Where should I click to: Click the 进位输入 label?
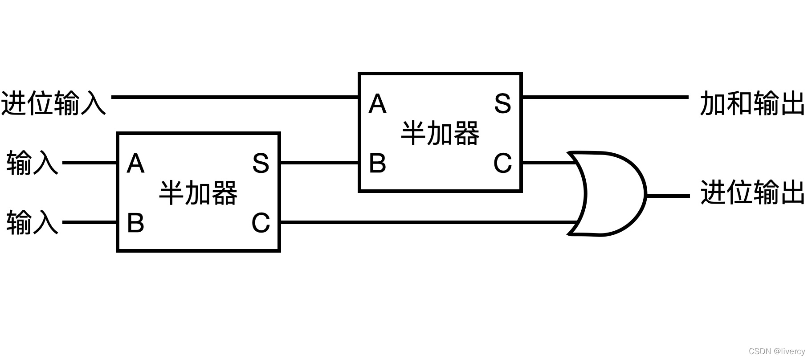[x=53, y=103]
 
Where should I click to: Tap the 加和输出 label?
[x=752, y=103]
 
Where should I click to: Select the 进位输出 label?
[x=752, y=192]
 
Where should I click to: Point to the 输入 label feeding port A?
[x=32, y=163]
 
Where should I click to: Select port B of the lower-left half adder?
[x=135, y=222]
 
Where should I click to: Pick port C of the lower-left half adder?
[x=261, y=222]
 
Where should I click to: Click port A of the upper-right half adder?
[x=377, y=104]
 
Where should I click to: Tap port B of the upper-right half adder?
[x=377, y=163]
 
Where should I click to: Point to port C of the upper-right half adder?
[x=502, y=163]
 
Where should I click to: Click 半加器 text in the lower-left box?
[x=198, y=193]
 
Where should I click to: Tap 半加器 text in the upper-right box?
[x=440, y=133]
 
